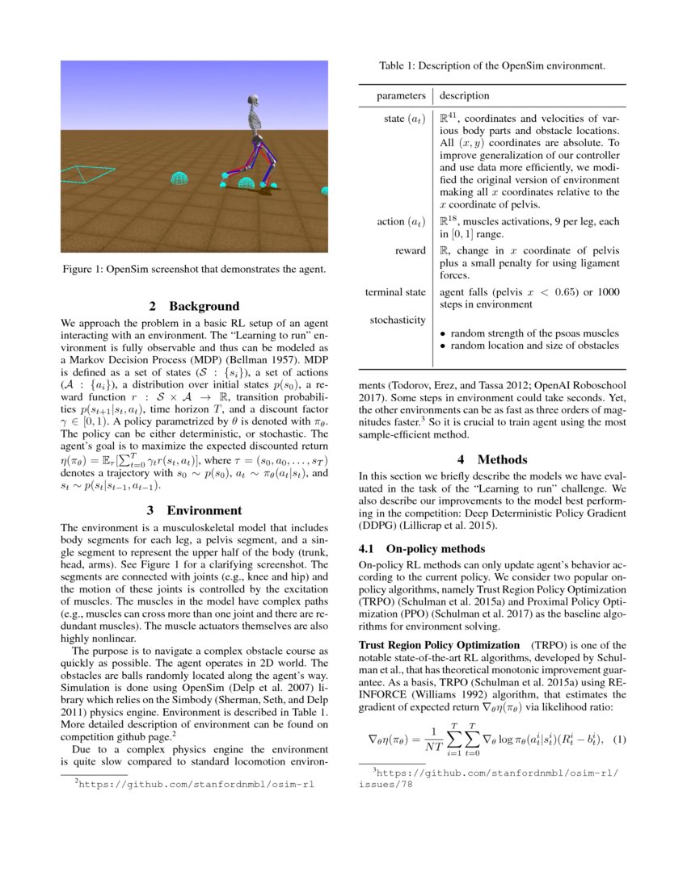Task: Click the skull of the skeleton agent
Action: coord(256,102)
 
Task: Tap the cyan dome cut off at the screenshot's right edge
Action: coord(325,191)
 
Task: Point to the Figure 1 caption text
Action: coord(194,269)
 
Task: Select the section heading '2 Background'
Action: coord(194,306)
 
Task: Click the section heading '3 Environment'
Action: coord(194,510)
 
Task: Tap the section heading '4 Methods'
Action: coord(491,459)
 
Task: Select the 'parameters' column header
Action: coord(401,96)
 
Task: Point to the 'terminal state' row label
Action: coord(395,291)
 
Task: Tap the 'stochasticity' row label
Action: coord(398,320)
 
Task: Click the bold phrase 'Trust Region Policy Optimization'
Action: coord(439,645)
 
